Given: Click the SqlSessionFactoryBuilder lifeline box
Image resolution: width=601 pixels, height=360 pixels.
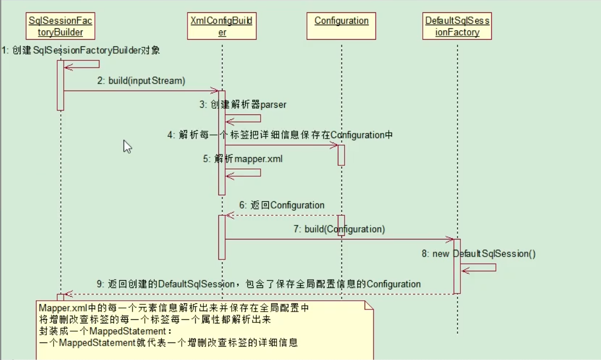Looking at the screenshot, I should point(61,26).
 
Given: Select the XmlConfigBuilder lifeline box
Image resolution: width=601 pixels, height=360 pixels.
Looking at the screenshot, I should point(222,26).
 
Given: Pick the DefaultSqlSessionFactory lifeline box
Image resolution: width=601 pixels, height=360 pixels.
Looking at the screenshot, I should point(457,26).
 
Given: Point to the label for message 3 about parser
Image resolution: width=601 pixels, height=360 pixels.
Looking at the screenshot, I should point(243,105).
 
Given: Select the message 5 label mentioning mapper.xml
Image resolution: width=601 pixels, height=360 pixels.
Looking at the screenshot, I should point(243,159).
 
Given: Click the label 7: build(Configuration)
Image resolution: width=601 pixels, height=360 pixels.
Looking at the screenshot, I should point(339,229).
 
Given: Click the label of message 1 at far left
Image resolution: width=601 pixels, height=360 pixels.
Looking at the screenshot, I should point(80,50).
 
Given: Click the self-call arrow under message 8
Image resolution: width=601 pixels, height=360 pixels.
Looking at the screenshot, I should point(478,268).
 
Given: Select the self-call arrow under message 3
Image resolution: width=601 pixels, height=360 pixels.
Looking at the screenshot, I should point(243,118).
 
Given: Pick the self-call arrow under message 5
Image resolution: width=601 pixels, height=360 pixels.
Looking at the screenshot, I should point(243,173).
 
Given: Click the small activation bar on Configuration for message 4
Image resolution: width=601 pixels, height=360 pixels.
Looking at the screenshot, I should point(341,155).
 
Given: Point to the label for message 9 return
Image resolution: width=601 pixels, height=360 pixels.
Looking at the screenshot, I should point(264,284).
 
